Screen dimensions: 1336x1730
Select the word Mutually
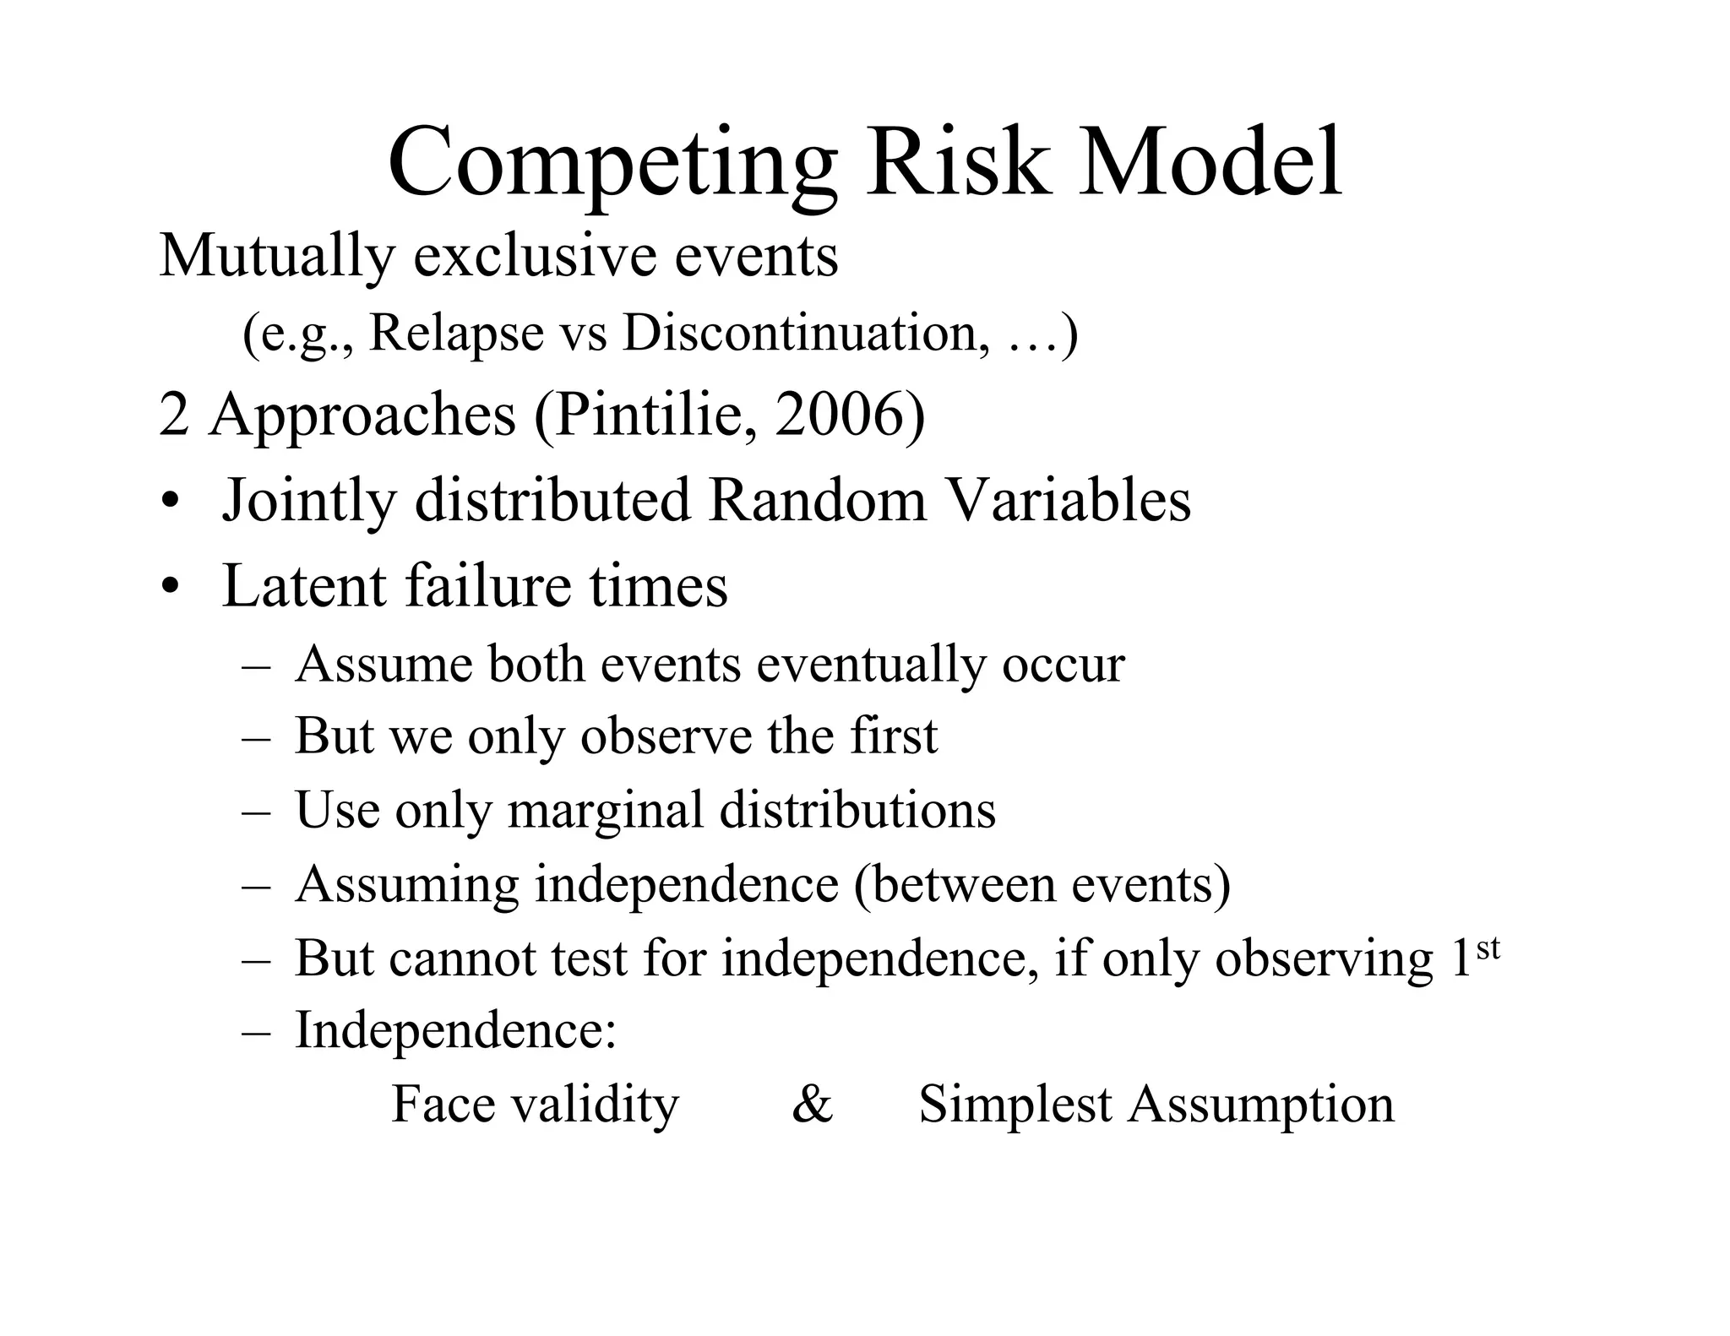point(275,256)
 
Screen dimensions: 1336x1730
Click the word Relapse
point(457,334)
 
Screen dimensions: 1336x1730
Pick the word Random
point(817,500)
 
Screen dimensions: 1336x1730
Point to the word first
point(894,736)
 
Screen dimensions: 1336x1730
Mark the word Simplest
point(1015,1105)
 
